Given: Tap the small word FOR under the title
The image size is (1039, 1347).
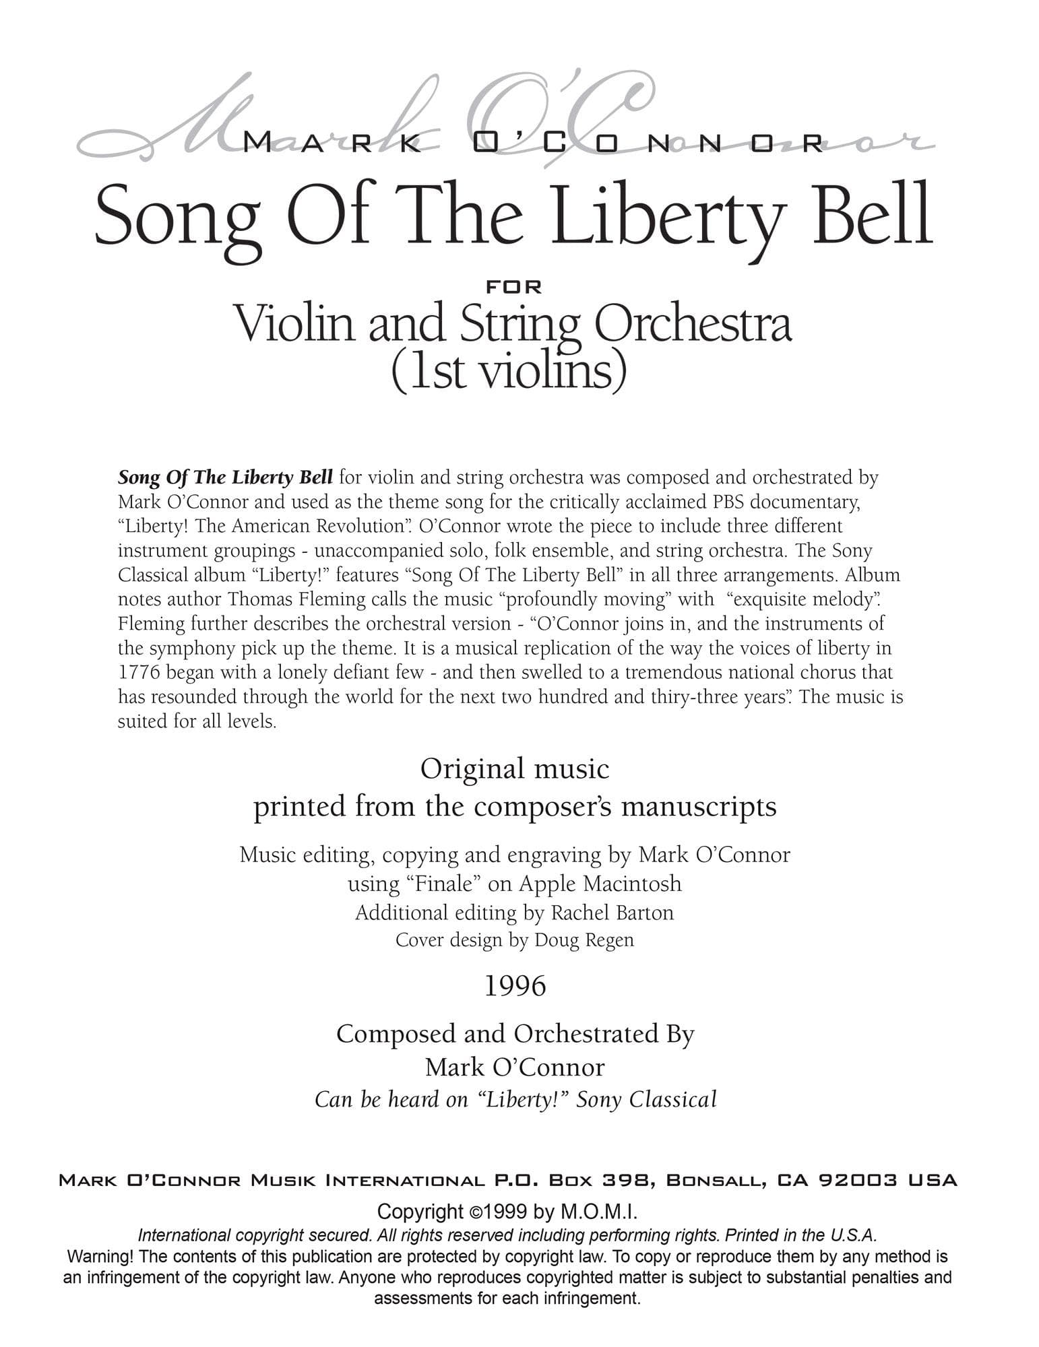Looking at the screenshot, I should click(x=514, y=287).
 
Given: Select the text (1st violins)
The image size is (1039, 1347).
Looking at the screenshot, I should click(x=509, y=370).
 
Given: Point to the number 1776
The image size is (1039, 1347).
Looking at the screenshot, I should click(x=139, y=672).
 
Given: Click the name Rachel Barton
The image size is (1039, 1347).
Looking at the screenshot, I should click(x=612, y=913).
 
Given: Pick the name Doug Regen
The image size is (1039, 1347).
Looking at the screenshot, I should click(x=584, y=940).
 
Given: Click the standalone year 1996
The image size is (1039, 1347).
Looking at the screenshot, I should click(x=515, y=986).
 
